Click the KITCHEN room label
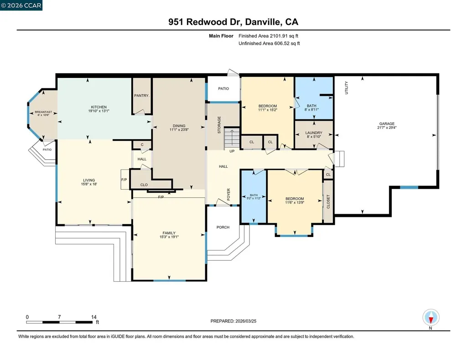tap(99, 107)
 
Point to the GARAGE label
tap(387, 123)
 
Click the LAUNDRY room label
tap(314, 133)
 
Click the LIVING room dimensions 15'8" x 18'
tap(89, 184)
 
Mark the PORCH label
tap(223, 227)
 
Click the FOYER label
tap(229, 195)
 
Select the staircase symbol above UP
tap(232, 139)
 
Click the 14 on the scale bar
tap(93, 317)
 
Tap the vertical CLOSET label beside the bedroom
tap(328, 201)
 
